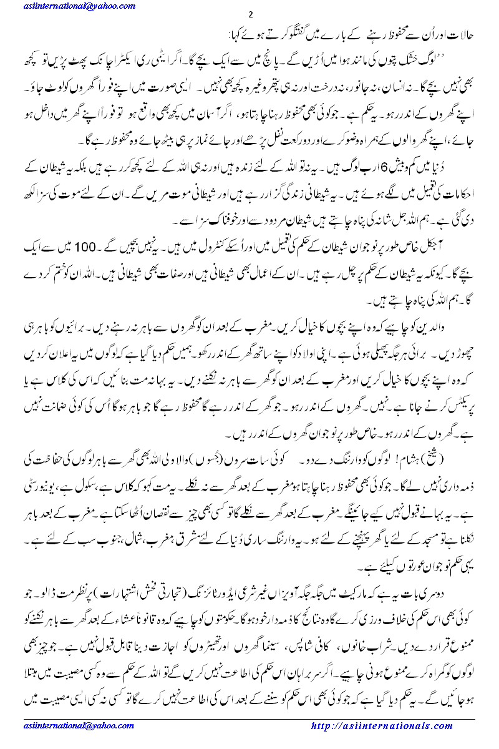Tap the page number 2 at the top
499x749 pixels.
(x=250, y=14)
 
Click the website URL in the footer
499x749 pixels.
(x=382, y=727)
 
